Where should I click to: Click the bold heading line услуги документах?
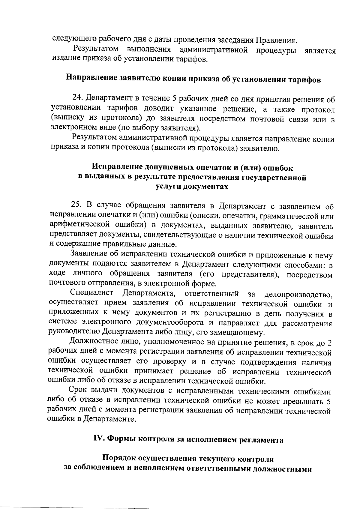point(192,187)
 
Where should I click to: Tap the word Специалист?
point(91,293)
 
